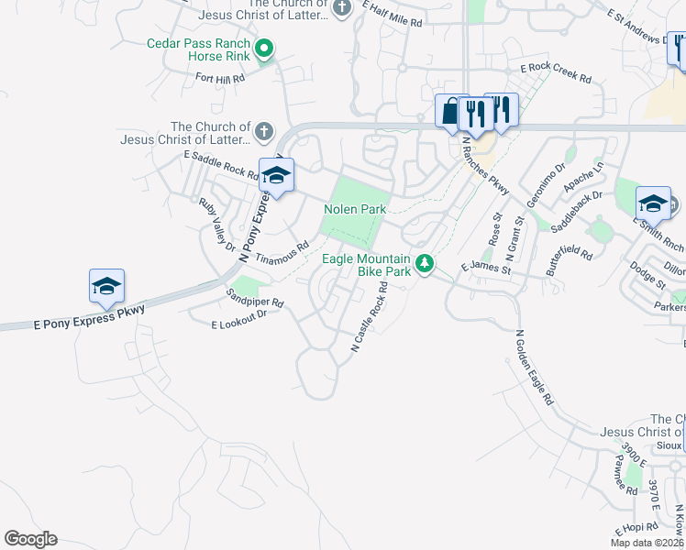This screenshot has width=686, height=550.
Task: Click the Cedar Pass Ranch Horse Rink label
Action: [x=198, y=49]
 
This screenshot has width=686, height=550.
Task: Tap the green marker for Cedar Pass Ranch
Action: [x=264, y=49]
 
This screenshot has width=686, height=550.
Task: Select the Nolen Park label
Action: [x=355, y=209]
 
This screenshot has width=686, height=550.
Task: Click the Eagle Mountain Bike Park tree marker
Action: [x=424, y=263]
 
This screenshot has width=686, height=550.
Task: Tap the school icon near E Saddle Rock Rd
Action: [x=275, y=174]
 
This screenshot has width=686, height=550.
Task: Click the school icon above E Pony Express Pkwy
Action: [x=106, y=287]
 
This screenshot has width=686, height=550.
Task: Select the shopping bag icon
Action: [x=449, y=112]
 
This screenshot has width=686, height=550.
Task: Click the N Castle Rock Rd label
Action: [x=370, y=317]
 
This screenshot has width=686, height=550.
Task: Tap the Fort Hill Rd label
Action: [x=220, y=79]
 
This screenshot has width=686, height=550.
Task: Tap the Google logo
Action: [x=30, y=539]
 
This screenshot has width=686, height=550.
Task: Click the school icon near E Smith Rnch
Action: [x=653, y=203]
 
